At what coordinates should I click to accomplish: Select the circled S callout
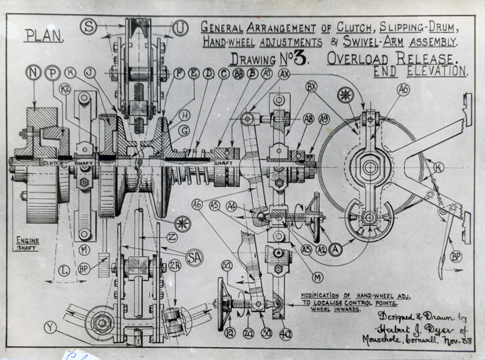pos(88,27)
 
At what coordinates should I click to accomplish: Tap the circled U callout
pos(180,28)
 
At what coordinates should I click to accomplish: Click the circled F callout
pos(179,73)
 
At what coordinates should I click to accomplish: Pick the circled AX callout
pos(284,73)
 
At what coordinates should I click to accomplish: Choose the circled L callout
pos(64,271)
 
